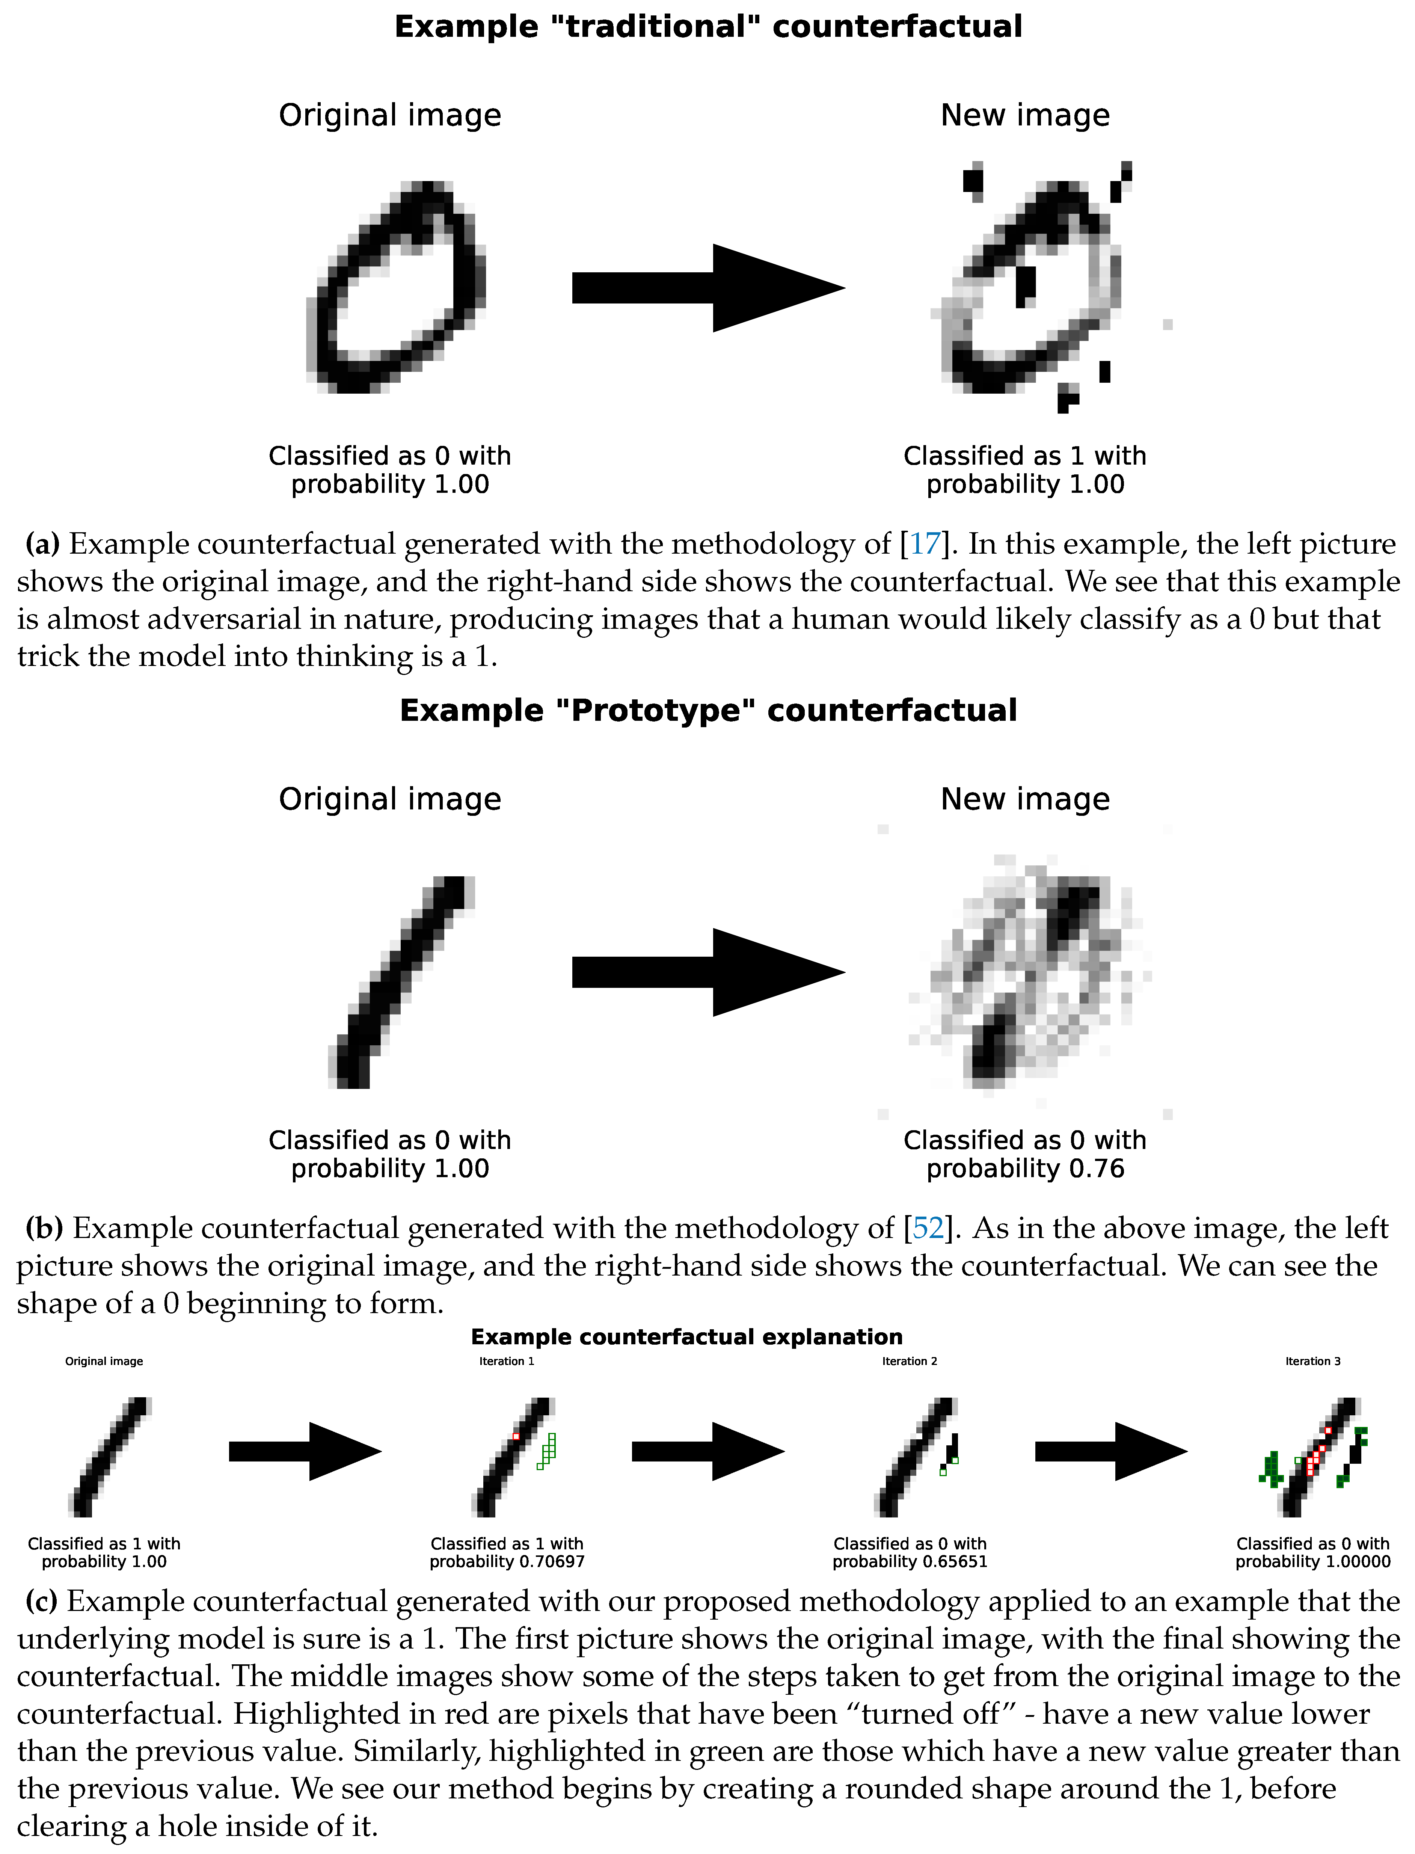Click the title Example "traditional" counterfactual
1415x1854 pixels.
coord(707,27)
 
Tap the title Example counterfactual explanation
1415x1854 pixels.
coord(686,1337)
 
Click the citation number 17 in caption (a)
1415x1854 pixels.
coord(925,544)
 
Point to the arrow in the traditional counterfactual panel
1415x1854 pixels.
coord(707,288)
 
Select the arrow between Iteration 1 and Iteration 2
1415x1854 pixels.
coord(707,1451)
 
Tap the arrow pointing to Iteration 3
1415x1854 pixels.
coord(1110,1451)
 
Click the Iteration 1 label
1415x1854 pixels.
coord(506,1361)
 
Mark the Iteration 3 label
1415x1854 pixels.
coord(1312,1361)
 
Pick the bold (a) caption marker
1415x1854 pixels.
coord(42,544)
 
